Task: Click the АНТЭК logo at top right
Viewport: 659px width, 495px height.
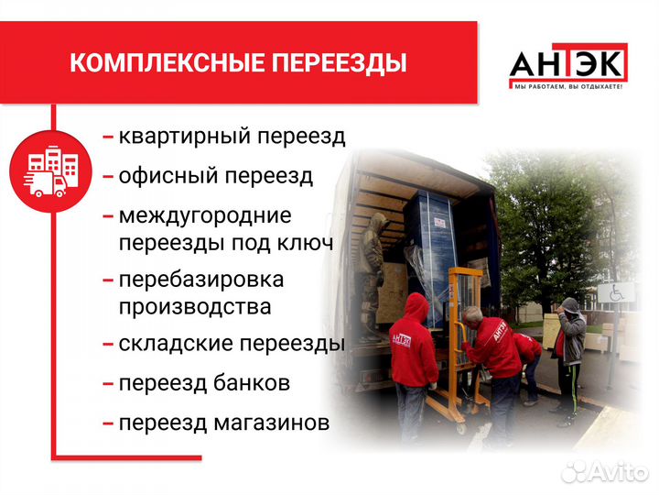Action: (x=567, y=64)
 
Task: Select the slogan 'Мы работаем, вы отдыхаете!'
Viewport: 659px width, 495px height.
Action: (x=567, y=86)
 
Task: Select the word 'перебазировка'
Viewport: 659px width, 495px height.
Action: (x=201, y=280)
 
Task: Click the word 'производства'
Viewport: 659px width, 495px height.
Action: (x=195, y=306)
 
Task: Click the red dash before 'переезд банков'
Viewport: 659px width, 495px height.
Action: (x=108, y=384)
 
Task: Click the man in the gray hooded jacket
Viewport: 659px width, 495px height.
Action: (x=570, y=339)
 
